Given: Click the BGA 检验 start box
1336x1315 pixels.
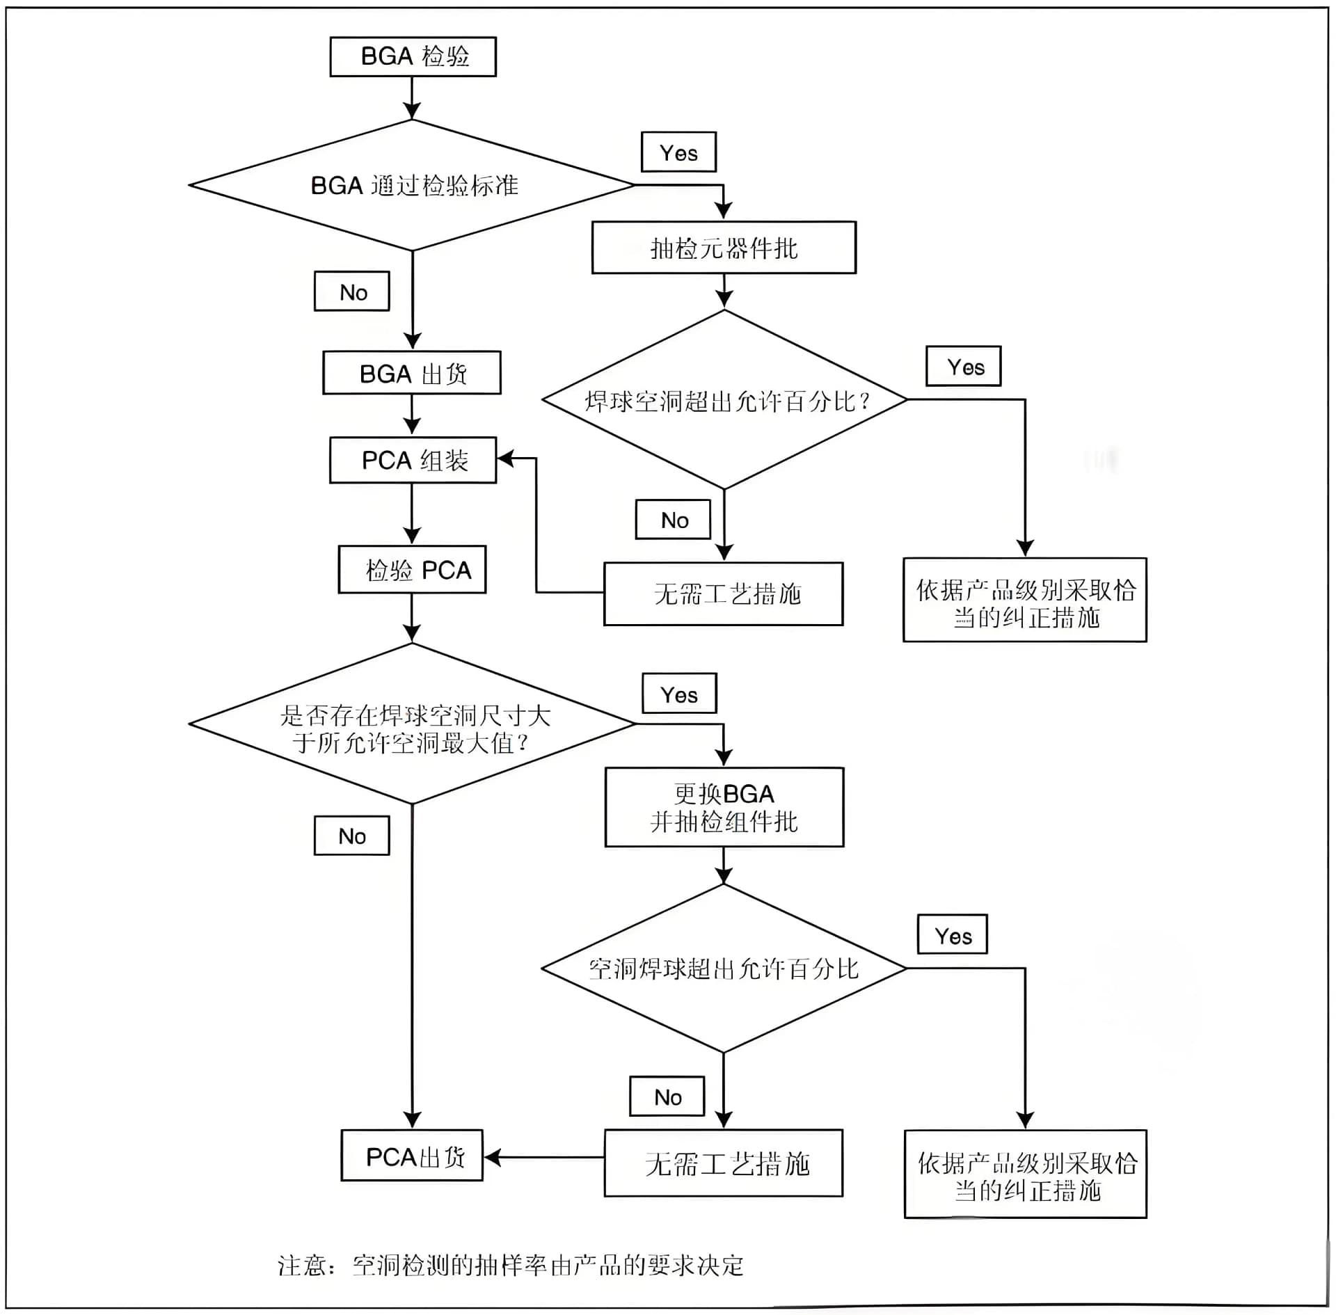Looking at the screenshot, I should tap(413, 56).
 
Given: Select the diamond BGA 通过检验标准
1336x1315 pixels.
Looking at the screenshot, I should tap(413, 185).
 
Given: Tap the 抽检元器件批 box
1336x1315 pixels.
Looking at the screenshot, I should tap(724, 248).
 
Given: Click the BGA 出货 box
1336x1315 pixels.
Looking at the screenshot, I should tap(412, 373).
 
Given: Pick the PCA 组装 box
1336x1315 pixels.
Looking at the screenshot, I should tap(413, 460).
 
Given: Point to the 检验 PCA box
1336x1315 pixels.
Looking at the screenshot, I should tap(412, 570).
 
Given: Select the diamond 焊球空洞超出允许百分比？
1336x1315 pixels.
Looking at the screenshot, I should tap(724, 400).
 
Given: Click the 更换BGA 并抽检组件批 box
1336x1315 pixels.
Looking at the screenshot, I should tap(724, 807).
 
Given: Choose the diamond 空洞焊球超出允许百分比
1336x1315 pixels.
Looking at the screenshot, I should tap(724, 969).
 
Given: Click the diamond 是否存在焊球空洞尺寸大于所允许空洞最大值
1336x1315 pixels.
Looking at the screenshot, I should tap(413, 724).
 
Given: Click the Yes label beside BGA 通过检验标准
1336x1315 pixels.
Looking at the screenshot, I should tap(678, 152).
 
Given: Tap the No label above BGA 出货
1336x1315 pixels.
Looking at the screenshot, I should tap(352, 292).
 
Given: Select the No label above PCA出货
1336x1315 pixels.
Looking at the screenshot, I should tap(352, 835).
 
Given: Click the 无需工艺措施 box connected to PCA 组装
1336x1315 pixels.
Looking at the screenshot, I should tap(724, 593).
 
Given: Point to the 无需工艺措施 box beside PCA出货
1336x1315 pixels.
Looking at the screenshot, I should tap(724, 1163).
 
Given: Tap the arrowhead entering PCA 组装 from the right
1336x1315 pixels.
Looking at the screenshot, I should tap(506, 458).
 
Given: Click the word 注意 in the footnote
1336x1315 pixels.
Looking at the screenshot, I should tap(301, 1265).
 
